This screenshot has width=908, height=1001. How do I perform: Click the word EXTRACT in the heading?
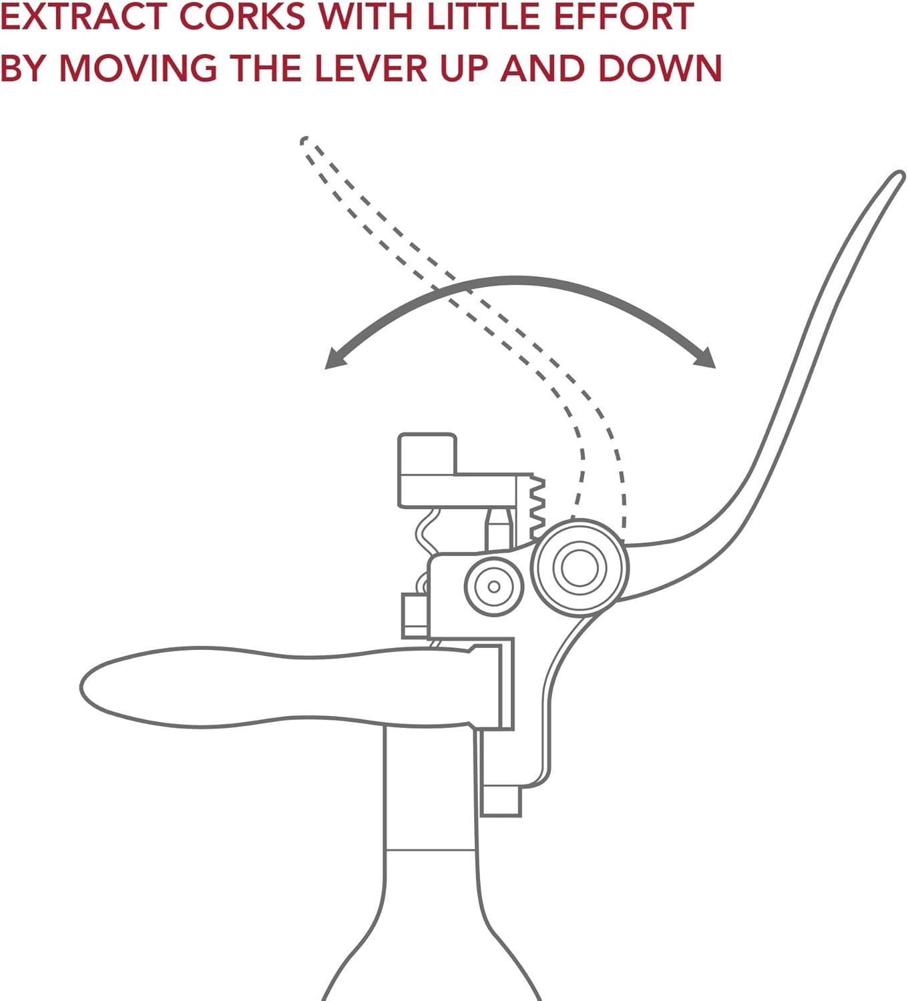coord(84,17)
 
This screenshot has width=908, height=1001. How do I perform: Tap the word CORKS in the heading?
coord(243,17)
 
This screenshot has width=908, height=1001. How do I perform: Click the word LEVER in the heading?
coord(371,67)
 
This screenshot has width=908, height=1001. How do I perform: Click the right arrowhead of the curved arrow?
coord(705,357)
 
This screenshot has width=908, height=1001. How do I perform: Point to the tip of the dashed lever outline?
coord(304,140)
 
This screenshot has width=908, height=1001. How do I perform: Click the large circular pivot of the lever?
coord(580,567)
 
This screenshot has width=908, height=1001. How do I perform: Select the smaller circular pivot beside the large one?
coord(494,587)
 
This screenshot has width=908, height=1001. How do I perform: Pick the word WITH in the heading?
coord(367,17)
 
